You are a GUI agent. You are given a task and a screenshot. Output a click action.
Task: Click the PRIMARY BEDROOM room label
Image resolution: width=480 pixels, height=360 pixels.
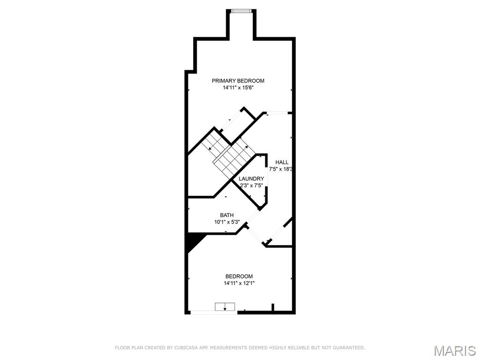point(238,81)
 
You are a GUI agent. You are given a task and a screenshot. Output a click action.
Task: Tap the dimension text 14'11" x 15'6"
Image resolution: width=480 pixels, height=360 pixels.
point(238,88)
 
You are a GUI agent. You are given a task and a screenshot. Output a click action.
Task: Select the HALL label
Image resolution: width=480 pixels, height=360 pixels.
point(282,162)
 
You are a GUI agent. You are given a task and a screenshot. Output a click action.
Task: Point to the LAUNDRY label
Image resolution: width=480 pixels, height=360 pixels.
point(251,179)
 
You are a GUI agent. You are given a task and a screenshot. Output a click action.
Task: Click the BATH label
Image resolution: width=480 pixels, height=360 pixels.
point(227,215)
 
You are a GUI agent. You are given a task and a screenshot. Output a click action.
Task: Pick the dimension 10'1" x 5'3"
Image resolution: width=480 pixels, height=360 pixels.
point(227,222)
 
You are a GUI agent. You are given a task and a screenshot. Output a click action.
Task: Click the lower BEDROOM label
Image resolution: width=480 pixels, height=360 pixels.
point(239,277)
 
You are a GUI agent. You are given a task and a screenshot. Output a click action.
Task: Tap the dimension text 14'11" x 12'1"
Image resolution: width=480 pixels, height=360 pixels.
point(239,284)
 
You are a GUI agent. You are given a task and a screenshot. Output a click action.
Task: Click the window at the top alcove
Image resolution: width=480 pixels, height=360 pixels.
point(241,11)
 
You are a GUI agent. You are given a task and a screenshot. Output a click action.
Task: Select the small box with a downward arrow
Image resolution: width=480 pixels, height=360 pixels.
point(225,307)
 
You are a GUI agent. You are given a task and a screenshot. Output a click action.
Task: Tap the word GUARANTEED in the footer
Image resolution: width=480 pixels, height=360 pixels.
point(348,348)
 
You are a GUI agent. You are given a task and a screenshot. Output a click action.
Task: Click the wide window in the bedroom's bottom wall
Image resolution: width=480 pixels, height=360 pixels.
point(214,313)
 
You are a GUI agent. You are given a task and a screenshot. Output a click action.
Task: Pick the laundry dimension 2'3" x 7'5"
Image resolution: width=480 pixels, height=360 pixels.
point(251,186)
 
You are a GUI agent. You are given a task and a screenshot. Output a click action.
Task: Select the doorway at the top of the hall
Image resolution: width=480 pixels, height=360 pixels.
point(277,113)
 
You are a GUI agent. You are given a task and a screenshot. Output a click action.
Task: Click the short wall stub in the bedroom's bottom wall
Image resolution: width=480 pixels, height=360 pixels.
point(273,307)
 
